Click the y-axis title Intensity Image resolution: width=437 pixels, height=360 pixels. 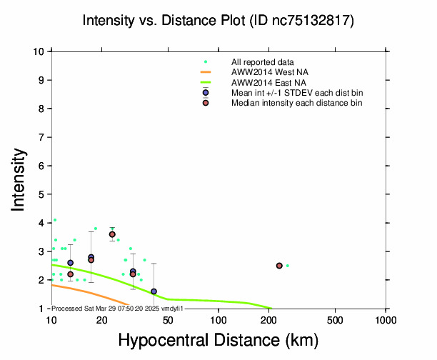[19, 179]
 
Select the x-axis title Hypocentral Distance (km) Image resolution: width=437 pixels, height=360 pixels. [218, 341]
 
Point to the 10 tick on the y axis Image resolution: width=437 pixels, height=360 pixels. [41, 51]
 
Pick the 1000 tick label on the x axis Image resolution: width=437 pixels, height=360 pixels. [386, 319]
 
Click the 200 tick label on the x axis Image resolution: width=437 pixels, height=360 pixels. [268, 319]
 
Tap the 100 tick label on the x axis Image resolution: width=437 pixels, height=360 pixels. [218, 319]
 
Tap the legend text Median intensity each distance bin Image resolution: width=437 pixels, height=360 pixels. [296, 103]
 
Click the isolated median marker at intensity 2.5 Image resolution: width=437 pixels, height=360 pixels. [279, 266]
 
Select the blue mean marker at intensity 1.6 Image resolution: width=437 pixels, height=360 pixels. [154, 291]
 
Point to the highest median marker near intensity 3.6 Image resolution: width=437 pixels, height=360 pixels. [112, 234]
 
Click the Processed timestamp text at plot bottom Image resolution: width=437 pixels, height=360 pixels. [118, 308]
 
